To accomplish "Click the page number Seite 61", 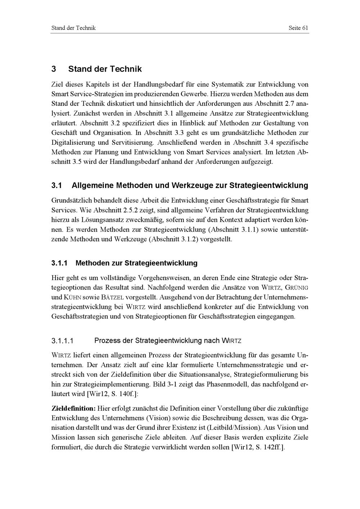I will coord(298,28).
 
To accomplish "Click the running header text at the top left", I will coord(73,28).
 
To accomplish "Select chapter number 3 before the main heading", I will coord(54,69).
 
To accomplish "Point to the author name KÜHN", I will coord(72,298).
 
